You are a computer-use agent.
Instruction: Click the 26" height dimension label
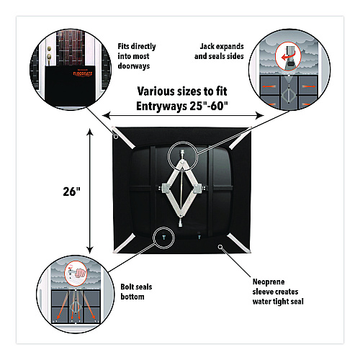[71, 192]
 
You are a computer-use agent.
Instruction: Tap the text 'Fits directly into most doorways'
[137, 56]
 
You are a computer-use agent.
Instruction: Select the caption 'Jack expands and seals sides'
[219, 51]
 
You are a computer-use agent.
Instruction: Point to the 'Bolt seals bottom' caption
[136, 292]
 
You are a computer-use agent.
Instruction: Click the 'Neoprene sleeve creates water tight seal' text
[278, 292]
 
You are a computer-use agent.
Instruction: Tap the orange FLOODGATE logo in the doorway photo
[83, 73]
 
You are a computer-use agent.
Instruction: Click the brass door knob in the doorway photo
[49, 57]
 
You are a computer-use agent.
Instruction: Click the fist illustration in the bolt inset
[81, 273]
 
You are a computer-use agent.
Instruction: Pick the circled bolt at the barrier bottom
[164, 238]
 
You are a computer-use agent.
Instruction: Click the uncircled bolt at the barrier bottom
[199, 238]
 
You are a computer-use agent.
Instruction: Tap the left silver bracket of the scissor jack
[166, 189]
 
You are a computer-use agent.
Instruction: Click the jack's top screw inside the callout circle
[182, 154]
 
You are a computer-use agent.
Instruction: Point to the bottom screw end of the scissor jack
[181, 222]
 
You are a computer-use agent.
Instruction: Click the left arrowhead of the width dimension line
[107, 115]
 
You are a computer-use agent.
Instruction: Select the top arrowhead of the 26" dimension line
[90, 132]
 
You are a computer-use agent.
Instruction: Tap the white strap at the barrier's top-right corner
[239, 138]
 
